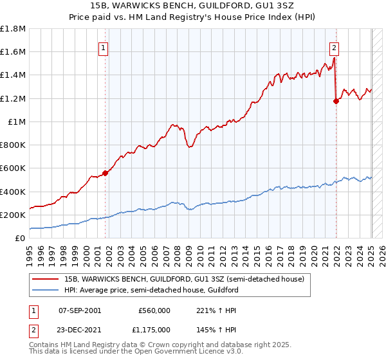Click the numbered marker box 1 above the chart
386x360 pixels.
click(x=104, y=47)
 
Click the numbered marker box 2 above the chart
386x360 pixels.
click(x=335, y=47)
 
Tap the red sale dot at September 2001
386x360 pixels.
click(x=105, y=172)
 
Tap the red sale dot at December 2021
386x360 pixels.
click(x=336, y=100)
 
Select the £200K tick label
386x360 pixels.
click(x=13, y=215)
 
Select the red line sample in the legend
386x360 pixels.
click(x=47, y=278)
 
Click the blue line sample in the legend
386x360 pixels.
click(x=47, y=290)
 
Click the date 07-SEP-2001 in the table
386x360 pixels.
click(x=80, y=310)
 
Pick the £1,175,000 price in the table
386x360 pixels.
click(x=154, y=330)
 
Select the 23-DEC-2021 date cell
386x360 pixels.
click(x=80, y=330)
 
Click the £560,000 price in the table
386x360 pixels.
click(x=154, y=310)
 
